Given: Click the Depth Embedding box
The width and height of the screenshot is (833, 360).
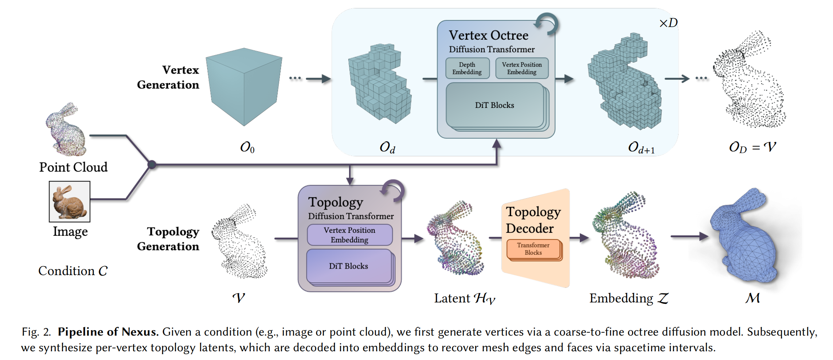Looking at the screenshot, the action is [467, 68].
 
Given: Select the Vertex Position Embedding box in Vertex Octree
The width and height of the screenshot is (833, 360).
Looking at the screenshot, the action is [522, 68].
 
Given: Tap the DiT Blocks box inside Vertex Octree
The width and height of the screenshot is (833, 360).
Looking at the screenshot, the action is [495, 105].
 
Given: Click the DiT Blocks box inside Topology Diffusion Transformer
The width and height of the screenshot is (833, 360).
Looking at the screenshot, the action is [349, 266].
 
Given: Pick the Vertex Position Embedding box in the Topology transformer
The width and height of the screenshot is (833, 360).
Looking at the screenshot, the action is [350, 235].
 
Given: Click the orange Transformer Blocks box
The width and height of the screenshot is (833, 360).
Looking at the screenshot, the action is [533, 249].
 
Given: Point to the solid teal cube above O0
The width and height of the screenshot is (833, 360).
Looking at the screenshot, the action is [244, 87].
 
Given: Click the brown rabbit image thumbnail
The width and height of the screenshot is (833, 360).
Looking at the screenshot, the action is [70, 201].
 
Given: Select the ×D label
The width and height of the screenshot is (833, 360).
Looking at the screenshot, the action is [668, 23].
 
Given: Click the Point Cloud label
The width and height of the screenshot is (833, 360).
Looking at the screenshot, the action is [74, 167].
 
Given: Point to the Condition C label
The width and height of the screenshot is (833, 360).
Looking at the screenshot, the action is [73, 271].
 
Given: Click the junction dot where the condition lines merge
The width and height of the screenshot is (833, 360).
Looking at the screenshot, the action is [152, 165].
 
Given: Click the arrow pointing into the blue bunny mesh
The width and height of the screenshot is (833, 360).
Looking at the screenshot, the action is [689, 236].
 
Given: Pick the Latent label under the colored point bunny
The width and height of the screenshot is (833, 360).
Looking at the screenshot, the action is [465, 298].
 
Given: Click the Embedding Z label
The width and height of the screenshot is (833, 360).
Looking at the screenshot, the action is [629, 298].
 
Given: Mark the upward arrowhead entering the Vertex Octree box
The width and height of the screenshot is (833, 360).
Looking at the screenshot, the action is [496, 144].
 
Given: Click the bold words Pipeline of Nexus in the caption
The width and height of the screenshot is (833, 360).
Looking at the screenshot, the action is [108, 332].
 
